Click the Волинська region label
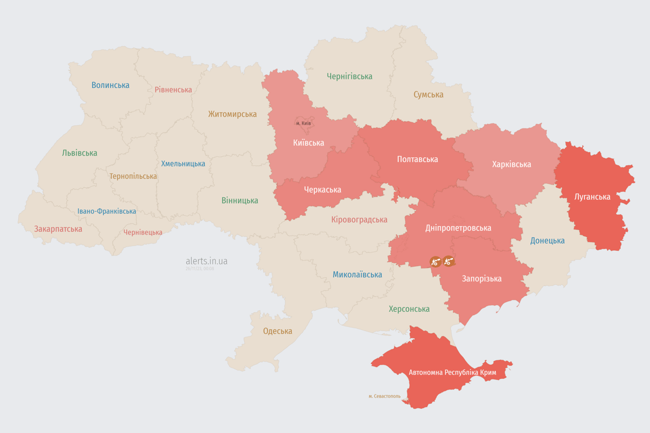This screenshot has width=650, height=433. [111, 85]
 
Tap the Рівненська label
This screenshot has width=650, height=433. [173, 90]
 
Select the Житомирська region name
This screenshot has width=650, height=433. [232, 114]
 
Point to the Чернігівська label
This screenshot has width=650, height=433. [349, 76]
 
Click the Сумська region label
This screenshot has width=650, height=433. [428, 95]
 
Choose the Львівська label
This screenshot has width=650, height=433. [80, 153]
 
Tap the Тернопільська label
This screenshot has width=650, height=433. [133, 176]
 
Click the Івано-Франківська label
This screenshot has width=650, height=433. [107, 211]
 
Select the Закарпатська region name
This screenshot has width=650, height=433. [58, 229]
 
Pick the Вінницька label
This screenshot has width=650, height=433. [240, 200]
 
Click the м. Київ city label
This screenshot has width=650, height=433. [304, 123]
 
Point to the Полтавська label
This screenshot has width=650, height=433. [418, 159]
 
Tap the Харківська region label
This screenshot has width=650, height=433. [511, 164]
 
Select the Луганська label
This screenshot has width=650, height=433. [592, 197]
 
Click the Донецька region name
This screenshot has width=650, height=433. [547, 241]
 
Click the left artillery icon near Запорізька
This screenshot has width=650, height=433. [435, 261]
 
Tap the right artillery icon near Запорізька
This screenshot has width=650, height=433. [449, 260]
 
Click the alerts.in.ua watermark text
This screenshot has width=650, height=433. [207, 261]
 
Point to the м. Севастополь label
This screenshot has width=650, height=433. [384, 396]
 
